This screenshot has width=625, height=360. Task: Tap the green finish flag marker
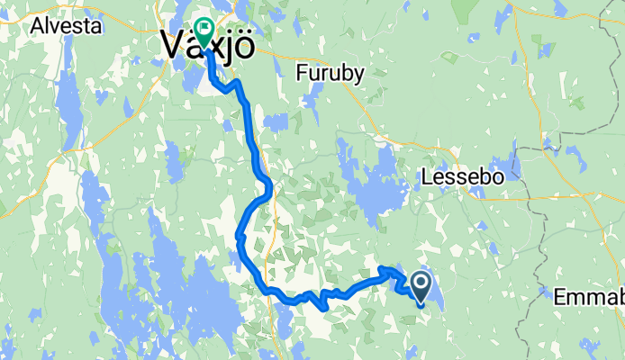pos(203,34)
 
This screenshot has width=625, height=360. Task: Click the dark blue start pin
pos(421,285)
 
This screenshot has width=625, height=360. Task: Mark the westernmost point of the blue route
pos(238,237)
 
